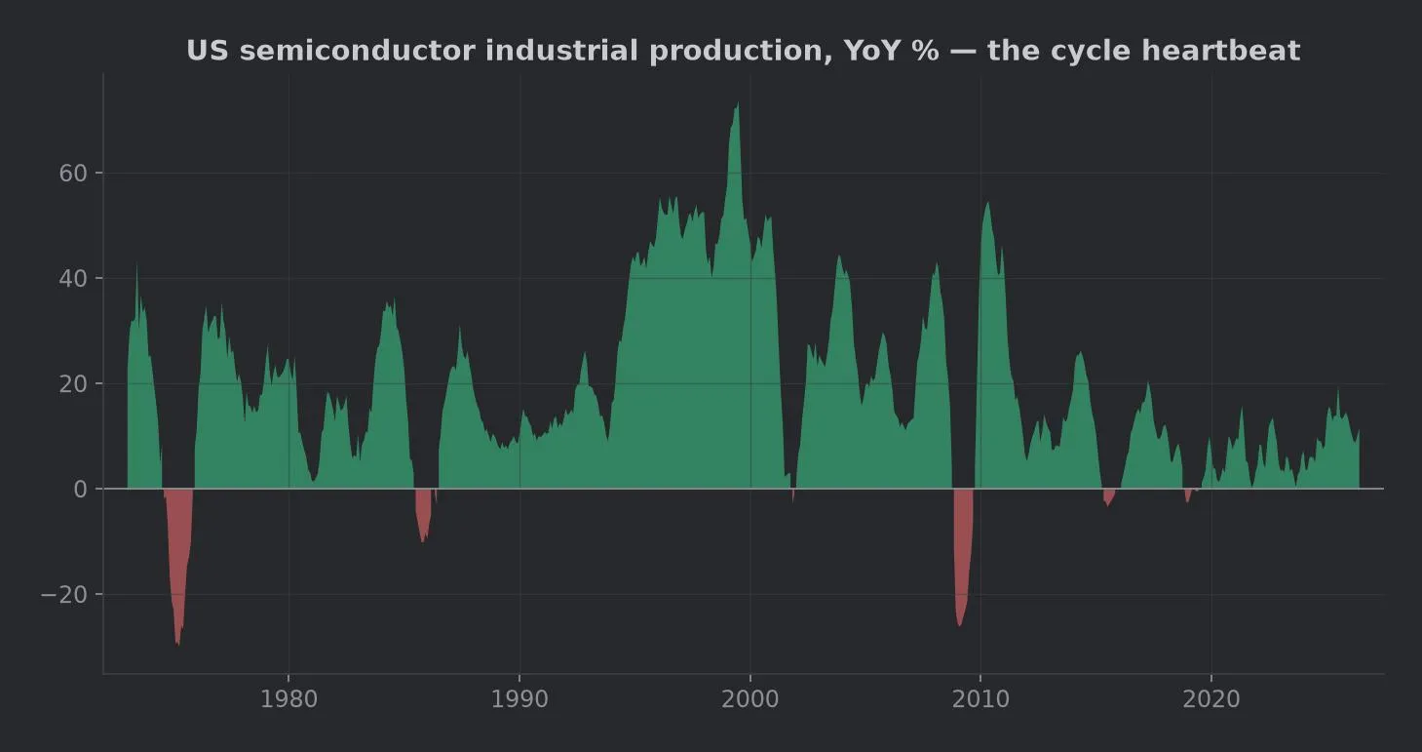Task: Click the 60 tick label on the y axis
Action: click(73, 174)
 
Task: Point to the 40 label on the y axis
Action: click(73, 279)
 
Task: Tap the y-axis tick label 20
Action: click(73, 384)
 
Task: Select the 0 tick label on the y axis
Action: click(80, 490)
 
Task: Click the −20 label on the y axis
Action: click(64, 595)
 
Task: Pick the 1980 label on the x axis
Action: click(288, 699)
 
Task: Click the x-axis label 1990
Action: click(519, 699)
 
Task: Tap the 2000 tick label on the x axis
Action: click(749, 699)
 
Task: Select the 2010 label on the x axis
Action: click(980, 699)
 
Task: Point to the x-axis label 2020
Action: click(1211, 699)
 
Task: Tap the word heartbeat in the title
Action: click(1221, 51)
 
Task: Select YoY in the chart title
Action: click(871, 51)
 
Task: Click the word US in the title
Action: click(207, 51)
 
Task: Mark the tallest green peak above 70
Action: click(737, 103)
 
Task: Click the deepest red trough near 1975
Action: click(177, 645)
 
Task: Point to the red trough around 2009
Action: click(959, 625)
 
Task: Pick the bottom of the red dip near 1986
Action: click(423, 541)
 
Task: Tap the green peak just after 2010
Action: click(987, 203)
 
